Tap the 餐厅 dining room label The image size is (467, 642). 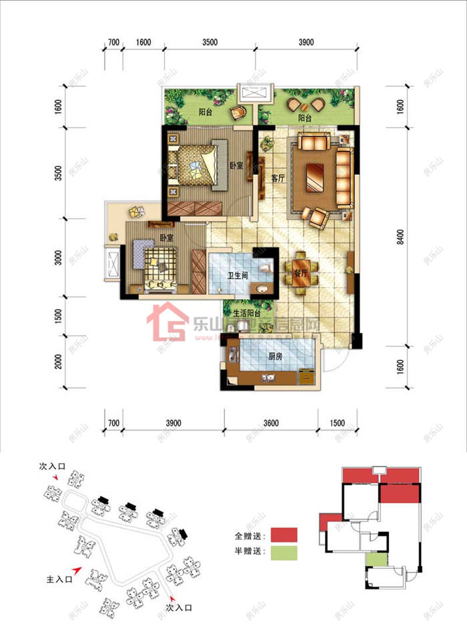point(300,273)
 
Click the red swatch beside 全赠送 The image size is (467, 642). point(284,535)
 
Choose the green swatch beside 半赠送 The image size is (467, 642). point(284,552)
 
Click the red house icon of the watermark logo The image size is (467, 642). point(167,322)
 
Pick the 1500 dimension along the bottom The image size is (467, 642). point(338,423)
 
